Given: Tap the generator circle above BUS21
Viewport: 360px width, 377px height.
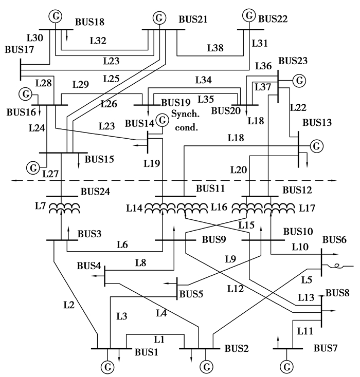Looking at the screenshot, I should point(160,17).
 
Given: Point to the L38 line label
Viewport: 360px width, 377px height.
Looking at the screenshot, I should point(215,48).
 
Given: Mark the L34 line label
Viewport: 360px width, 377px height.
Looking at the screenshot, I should point(203,80).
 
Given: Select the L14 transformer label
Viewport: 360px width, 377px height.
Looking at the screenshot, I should point(135,209).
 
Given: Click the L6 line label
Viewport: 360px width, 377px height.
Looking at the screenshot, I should point(122,245).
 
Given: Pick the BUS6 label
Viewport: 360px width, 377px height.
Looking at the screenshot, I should point(334,240).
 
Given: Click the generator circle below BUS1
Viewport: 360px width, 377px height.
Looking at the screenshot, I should point(109,367).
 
